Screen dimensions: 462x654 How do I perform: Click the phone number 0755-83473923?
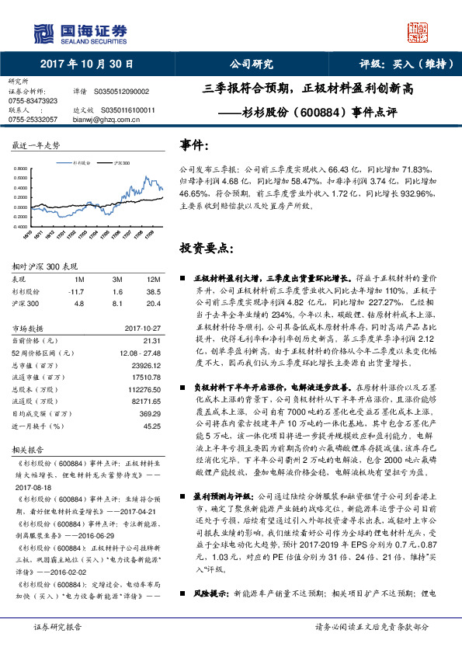(33, 100)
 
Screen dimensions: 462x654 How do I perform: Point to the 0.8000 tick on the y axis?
(23, 169)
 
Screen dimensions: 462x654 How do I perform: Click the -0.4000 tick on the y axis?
(23, 226)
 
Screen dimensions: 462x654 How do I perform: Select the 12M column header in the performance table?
(153, 278)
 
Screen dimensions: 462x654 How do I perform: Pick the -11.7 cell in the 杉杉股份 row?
(76, 290)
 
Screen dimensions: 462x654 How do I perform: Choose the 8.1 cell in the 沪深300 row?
(117, 302)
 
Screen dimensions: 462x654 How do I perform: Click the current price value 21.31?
(152, 340)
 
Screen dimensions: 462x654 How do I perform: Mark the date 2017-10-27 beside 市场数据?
(143, 328)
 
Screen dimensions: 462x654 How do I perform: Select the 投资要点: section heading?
(206, 249)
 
